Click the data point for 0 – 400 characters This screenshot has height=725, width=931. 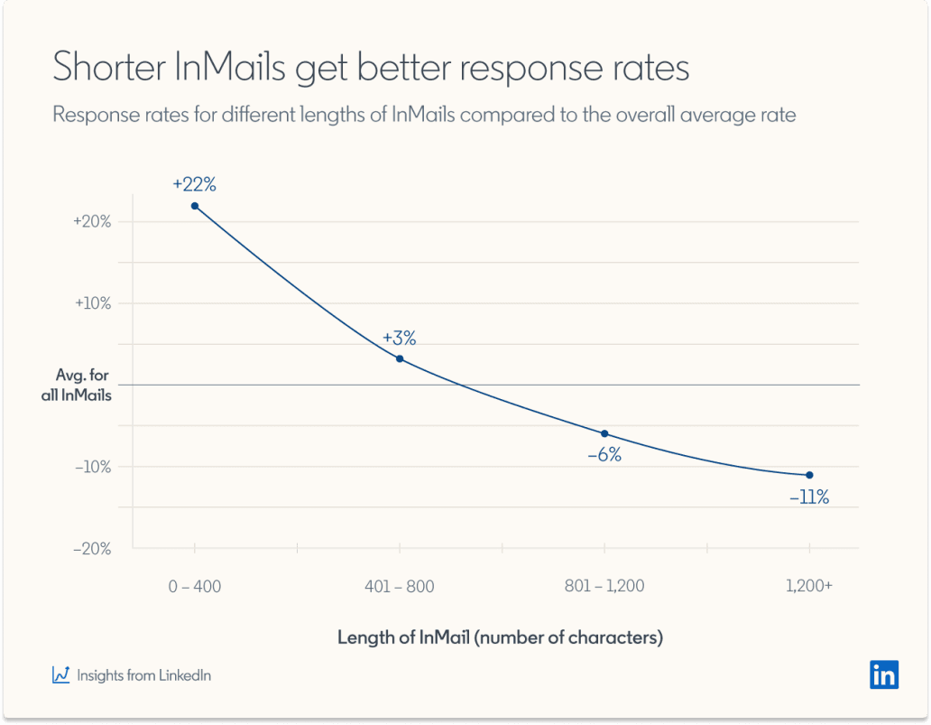195,206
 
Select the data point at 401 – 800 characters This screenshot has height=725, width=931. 400,358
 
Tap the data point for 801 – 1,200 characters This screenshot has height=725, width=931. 604,433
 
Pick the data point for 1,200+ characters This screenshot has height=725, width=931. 809,475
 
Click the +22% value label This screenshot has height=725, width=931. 195,185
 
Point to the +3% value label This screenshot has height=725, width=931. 399,338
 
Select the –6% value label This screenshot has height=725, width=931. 604,455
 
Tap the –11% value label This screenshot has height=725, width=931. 808,497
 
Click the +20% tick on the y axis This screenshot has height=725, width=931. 92,222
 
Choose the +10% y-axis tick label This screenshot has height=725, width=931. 92,303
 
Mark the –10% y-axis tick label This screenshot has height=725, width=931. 92,467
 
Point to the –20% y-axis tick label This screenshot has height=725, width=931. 92,548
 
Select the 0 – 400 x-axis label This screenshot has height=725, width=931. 195,587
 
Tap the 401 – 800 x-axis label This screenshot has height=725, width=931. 400,587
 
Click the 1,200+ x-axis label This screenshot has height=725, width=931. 809,587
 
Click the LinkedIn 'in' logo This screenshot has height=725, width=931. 884,674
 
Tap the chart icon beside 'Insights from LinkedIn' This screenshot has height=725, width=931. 61,674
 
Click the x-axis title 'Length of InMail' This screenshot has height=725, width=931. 404,637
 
